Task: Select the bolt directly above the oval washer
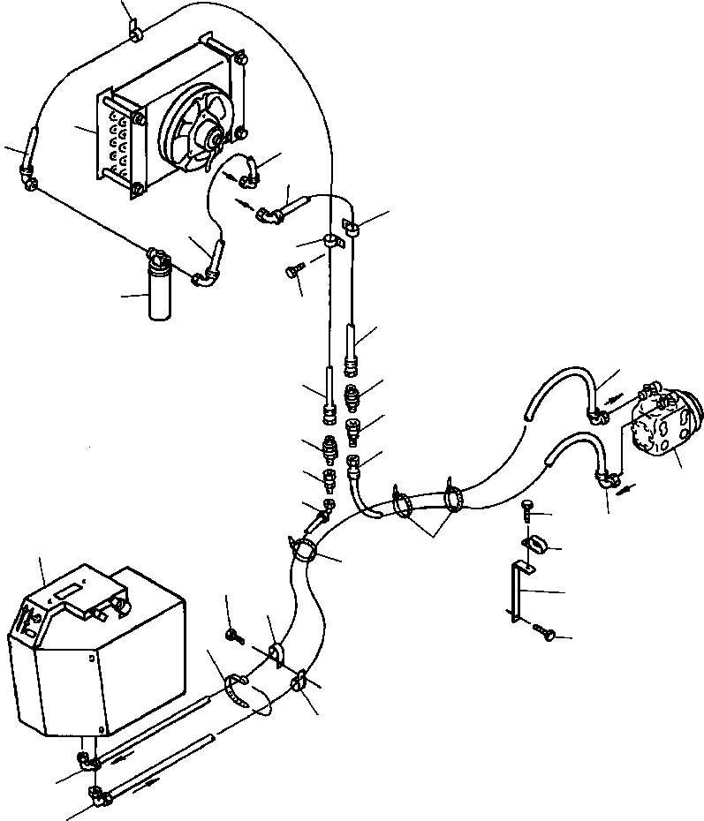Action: click(527, 509)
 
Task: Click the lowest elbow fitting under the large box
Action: click(98, 798)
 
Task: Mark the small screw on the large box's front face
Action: click(90, 657)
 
